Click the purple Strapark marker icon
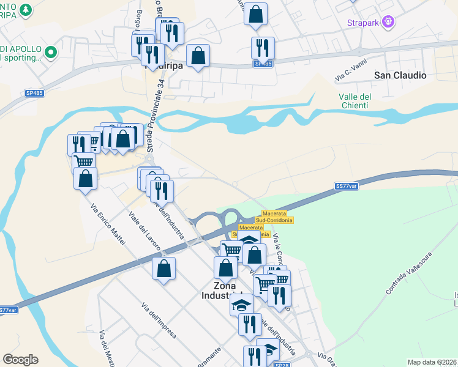(x=386, y=23)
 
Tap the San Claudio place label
(x=400, y=75)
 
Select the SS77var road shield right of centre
(x=347, y=186)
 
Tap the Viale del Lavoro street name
(x=145, y=231)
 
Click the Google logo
(x=20, y=360)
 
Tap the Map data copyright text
(x=432, y=362)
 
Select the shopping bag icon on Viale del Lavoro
(x=163, y=269)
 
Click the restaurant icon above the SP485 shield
(x=263, y=46)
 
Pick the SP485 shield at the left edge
(x=34, y=92)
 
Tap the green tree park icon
(x=25, y=10)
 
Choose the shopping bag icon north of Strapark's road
(x=255, y=13)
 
